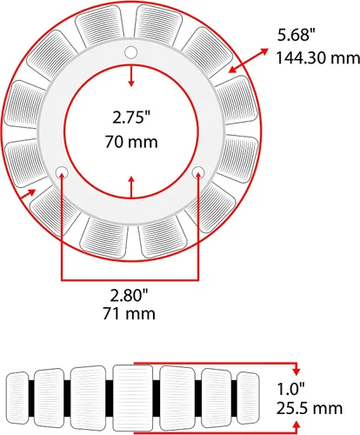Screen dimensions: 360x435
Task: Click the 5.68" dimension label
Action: (296, 35)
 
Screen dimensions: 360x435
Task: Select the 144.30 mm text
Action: (317, 57)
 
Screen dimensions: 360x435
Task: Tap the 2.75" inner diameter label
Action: (131, 117)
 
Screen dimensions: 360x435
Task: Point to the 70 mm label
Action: (131, 142)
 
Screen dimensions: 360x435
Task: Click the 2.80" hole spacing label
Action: (129, 296)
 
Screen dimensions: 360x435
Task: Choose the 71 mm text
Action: (129, 314)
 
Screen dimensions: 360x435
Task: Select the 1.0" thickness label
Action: (291, 389)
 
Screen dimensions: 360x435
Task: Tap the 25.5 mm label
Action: (310, 408)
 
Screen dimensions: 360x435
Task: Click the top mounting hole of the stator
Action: (130, 52)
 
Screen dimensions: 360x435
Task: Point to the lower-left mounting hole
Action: (62, 173)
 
